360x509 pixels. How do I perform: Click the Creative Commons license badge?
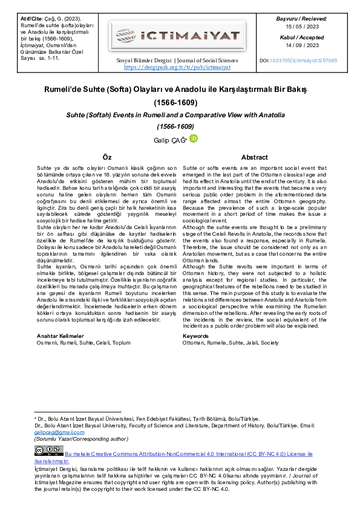[x=48, y=451]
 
